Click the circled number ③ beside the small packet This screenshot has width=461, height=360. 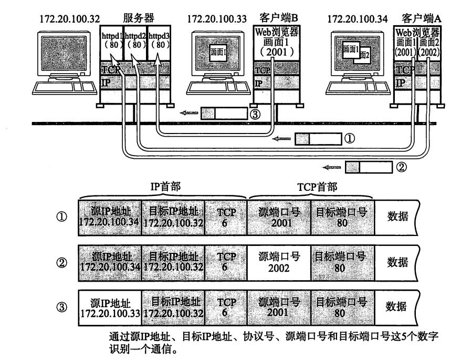255,112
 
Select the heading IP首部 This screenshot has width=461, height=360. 162,188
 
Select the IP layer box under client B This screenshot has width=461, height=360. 276,84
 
